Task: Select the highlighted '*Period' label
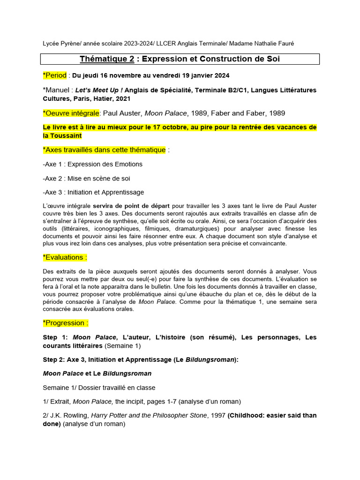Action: tap(55, 75)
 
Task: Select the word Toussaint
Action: tap(67, 135)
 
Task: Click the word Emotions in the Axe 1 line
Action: tap(127, 164)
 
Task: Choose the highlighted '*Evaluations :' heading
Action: tap(65, 257)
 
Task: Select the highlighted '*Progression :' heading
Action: tap(65, 323)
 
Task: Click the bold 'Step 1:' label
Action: tap(55, 337)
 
